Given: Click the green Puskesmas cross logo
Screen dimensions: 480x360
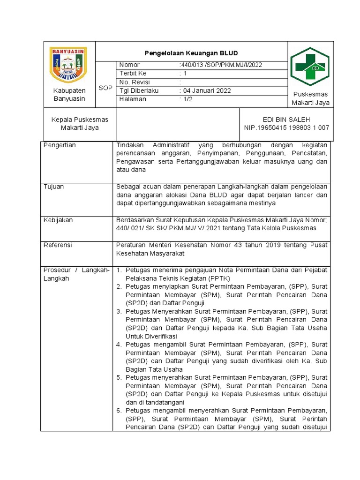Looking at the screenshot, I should (x=310, y=67).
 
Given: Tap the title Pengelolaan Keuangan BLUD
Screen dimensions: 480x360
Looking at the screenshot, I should (x=191, y=53).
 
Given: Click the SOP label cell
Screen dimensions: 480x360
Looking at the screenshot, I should (x=105, y=88).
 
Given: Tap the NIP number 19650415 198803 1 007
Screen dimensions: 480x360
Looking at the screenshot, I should (x=286, y=127).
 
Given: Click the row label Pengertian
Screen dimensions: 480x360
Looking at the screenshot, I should (x=60, y=145).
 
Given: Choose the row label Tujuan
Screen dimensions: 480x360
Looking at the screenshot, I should (x=53, y=187).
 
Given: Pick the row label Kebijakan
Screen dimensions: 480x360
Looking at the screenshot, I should (x=58, y=220).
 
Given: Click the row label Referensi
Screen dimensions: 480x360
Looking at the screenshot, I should (x=58, y=245).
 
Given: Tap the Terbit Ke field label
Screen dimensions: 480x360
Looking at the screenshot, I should (x=133, y=73).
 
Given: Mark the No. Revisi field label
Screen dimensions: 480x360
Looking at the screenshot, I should (x=135, y=82).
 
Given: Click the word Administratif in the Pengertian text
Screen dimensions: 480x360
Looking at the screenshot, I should (x=169, y=145).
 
